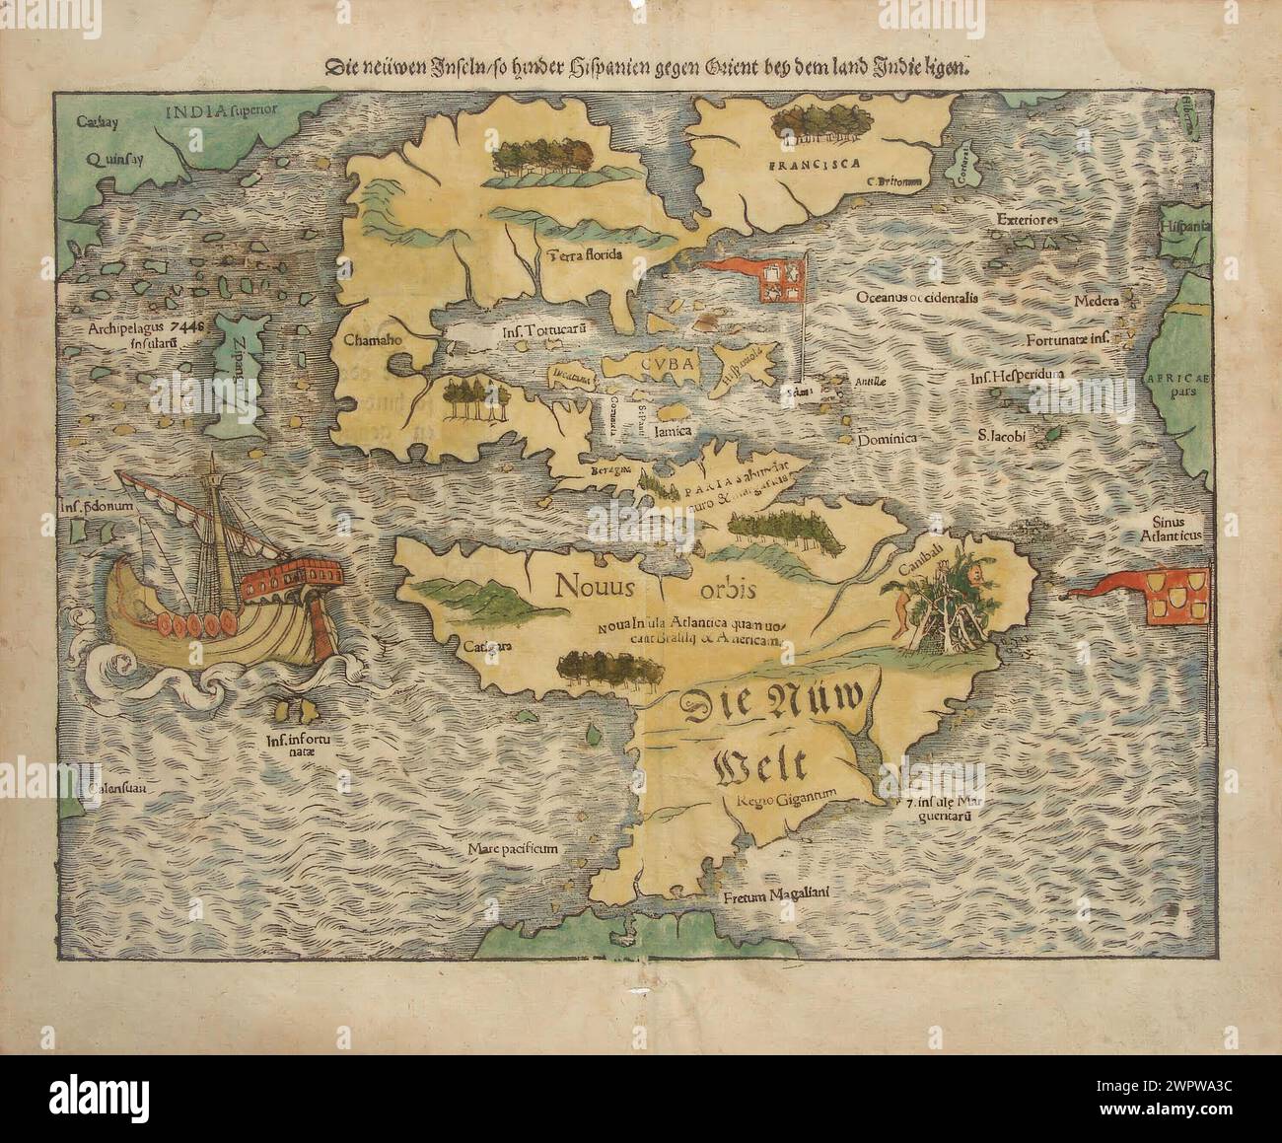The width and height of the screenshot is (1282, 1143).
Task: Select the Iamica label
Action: pos(680,431)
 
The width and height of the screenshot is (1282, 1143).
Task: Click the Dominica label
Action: pos(887,438)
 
